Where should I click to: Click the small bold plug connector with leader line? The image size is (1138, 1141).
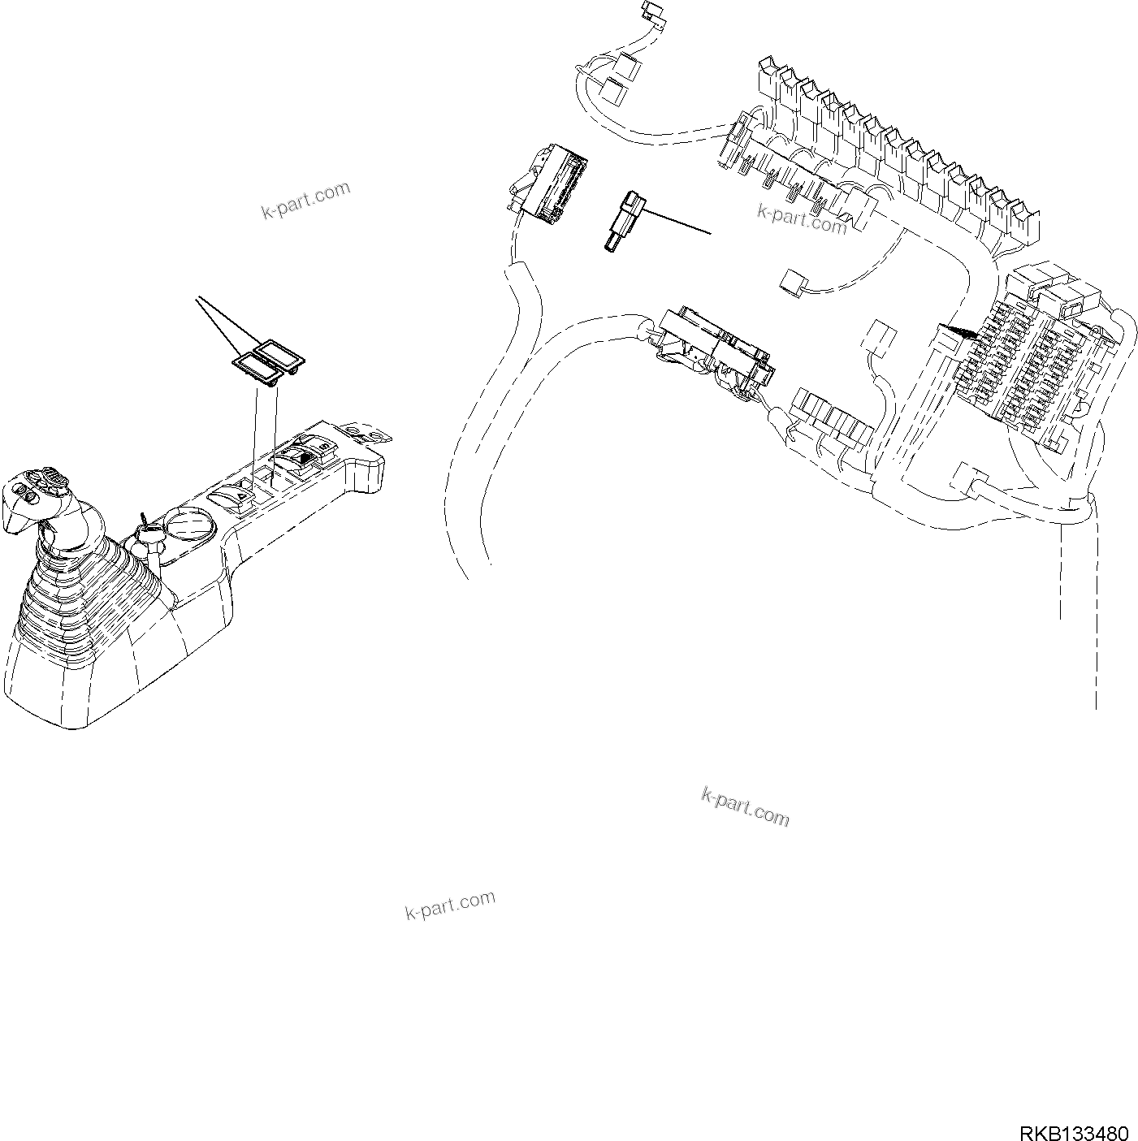625,221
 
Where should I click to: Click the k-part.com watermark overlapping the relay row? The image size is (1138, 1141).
802,217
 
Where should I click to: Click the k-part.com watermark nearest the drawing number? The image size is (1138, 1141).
745,805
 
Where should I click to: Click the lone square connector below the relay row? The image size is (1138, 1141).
791,280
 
